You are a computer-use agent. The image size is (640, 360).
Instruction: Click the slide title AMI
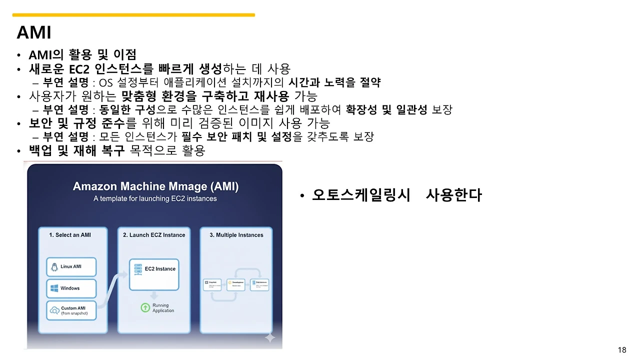tap(34, 32)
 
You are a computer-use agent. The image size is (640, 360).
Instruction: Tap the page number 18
tap(622, 350)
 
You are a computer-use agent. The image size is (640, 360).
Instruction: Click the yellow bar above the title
tap(133, 15)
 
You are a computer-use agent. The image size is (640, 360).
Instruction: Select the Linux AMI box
tap(71, 267)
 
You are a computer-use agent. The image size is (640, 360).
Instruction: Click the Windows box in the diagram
tap(71, 288)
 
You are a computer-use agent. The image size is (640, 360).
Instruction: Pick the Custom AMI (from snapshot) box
tap(71, 310)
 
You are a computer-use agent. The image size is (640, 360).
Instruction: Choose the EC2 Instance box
tap(153, 274)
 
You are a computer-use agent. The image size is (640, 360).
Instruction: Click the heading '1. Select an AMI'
tap(70, 235)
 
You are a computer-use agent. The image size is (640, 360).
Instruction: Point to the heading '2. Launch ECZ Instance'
tap(154, 235)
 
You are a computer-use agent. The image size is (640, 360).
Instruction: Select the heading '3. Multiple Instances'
tap(236, 235)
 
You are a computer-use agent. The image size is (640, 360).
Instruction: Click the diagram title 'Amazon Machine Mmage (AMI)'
tap(155, 186)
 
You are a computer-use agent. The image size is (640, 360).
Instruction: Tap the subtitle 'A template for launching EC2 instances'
tap(155, 198)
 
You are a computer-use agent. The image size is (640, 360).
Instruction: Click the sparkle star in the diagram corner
tap(270, 338)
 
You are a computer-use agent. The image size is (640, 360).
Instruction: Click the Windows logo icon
tap(54, 288)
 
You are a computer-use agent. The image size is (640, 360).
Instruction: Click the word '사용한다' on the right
tap(453, 195)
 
